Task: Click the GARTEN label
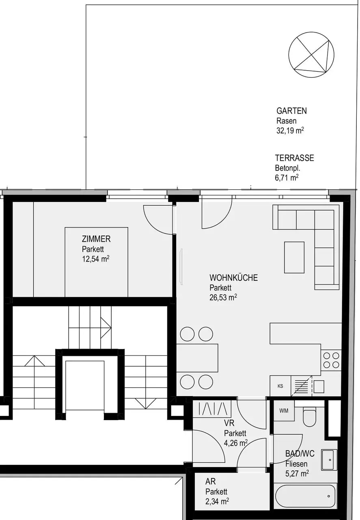[x=291, y=111]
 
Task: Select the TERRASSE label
[x=294, y=158]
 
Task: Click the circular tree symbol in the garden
[x=311, y=54]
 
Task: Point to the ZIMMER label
[x=96, y=239]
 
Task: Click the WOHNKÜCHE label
[x=233, y=278]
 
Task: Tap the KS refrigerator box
[x=280, y=386]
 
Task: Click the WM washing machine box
[x=284, y=411]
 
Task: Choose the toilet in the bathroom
[x=309, y=417]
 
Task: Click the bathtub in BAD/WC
[x=305, y=496]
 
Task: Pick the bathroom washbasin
[x=329, y=459]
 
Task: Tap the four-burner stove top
[x=330, y=360]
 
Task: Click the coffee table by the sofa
[x=294, y=257]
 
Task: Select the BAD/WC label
[x=300, y=454]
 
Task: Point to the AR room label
[x=210, y=482]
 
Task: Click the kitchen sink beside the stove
[x=319, y=387]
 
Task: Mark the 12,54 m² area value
[x=95, y=259]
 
